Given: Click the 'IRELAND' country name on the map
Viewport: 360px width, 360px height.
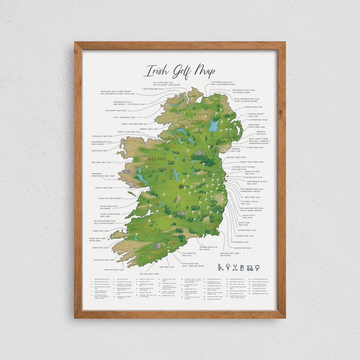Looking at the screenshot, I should [157, 159].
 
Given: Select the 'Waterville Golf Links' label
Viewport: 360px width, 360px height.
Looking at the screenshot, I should [104, 260].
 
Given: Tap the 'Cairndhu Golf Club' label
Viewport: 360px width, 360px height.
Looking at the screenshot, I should [253, 107].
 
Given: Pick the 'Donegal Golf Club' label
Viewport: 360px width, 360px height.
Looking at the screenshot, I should [148, 129].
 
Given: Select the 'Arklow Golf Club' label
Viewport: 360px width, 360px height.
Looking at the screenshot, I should [243, 248].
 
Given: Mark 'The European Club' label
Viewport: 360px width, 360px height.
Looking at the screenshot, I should [240, 242].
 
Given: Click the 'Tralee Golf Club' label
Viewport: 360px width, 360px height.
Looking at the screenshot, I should [100, 231].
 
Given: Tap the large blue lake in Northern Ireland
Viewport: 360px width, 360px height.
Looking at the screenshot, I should [213, 126].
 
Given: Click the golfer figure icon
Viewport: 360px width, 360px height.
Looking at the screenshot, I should [220, 267].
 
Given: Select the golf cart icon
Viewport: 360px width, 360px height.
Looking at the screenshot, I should [250, 267].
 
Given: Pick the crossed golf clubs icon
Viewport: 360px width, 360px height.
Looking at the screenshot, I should [235, 267].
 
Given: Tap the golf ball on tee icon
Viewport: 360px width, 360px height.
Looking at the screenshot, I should [228, 267].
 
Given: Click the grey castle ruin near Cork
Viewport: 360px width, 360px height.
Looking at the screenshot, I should [157, 246].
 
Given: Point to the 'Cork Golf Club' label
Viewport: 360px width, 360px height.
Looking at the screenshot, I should [167, 267].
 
